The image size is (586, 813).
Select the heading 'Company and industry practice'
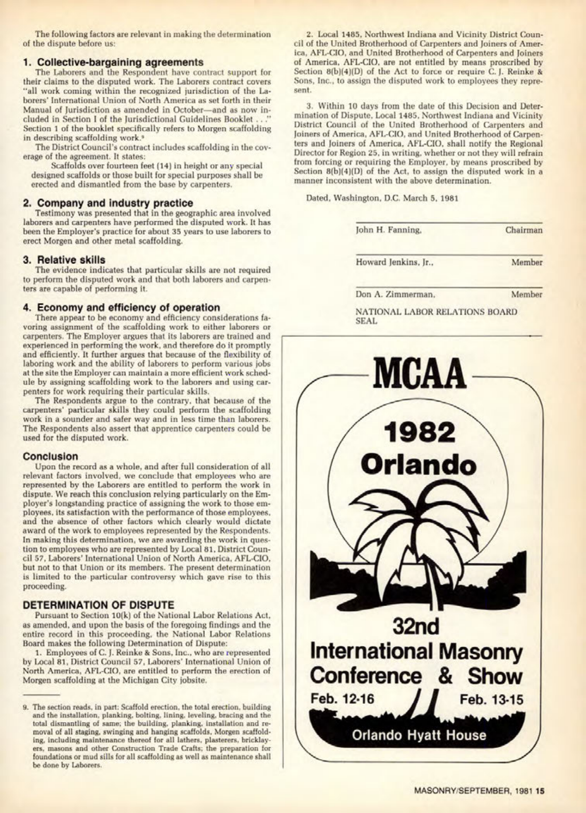(108, 203)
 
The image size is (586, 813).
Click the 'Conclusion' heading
(51, 456)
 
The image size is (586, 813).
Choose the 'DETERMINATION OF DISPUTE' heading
(98, 605)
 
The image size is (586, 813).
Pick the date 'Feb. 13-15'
(492, 700)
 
